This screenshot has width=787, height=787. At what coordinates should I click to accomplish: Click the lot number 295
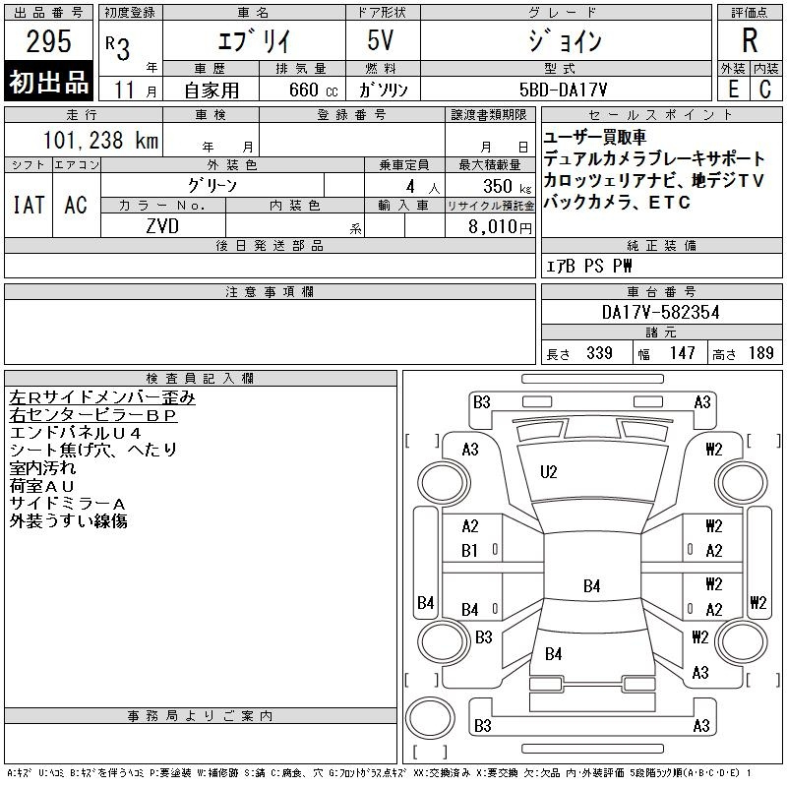(48, 41)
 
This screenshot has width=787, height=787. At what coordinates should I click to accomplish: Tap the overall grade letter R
(750, 40)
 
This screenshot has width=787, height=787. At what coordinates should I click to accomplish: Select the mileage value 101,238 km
(100, 140)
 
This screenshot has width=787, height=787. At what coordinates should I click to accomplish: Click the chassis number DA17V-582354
(660, 312)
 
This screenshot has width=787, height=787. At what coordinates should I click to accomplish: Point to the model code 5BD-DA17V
(563, 90)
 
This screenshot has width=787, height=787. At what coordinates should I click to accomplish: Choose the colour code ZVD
(162, 226)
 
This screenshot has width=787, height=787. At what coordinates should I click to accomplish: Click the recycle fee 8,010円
(500, 227)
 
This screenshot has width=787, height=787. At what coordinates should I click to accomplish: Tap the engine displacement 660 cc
(313, 90)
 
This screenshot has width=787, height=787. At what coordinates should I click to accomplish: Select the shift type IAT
(29, 205)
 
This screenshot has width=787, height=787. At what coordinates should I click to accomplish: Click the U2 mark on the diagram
(549, 472)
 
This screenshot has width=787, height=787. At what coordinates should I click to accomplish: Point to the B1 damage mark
(469, 551)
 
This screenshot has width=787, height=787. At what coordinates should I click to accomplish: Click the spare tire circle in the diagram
(430, 718)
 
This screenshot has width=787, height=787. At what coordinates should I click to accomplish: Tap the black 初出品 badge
(48, 82)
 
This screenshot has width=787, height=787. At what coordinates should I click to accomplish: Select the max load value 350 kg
(507, 186)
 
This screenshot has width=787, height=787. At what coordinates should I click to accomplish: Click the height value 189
(760, 353)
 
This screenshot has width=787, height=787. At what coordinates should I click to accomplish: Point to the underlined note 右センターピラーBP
(93, 415)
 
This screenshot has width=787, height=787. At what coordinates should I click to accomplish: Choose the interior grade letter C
(765, 90)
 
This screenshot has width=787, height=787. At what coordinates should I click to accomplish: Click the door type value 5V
(381, 40)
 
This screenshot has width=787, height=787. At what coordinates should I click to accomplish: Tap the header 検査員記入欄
(200, 378)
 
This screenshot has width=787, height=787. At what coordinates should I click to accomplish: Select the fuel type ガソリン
(383, 90)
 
